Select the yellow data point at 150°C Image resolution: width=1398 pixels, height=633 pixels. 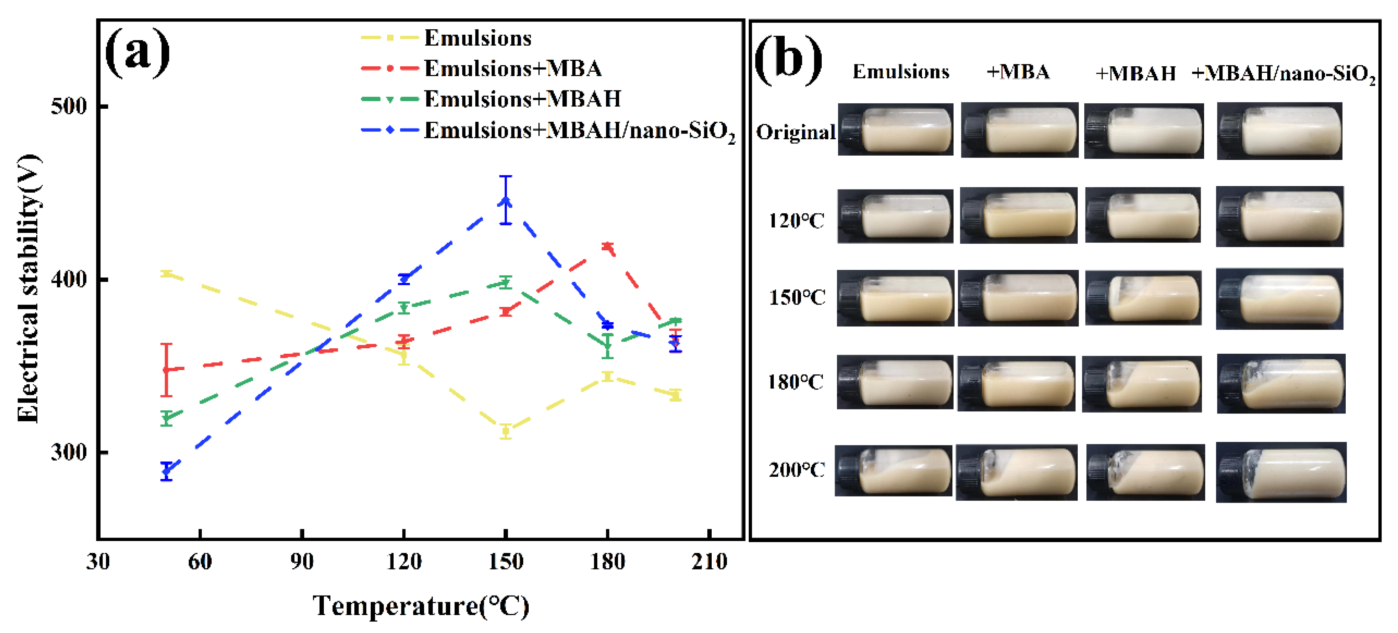click(505, 432)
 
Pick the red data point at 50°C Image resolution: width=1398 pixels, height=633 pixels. click(167, 369)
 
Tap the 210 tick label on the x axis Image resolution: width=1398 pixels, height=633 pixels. click(709, 561)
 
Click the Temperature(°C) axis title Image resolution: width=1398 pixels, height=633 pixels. click(421, 606)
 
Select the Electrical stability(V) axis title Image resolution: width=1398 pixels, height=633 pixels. click(28, 288)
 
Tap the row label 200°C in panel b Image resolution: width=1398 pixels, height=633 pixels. click(796, 470)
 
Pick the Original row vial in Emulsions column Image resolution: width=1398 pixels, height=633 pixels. click(895, 129)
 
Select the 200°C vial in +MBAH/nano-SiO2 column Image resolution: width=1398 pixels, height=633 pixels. click(1281, 472)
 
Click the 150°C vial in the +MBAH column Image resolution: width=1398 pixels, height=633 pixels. click(1143, 298)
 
